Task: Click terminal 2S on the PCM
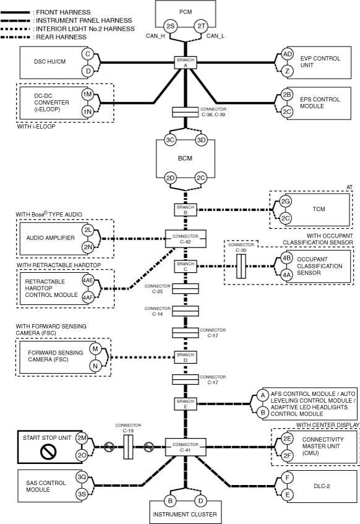[170, 26]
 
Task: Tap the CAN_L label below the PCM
[215, 36]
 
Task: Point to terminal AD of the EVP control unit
[287, 54]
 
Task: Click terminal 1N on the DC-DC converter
[88, 111]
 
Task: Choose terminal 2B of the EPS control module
[287, 95]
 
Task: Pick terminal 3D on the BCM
[201, 140]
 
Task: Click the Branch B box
[186, 210]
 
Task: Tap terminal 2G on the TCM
[285, 202]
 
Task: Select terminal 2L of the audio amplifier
[88, 230]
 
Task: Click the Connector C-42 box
[186, 239]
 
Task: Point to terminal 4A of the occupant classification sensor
[286, 275]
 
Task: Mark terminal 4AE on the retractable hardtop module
[88, 280]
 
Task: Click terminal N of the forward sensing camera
[95, 366]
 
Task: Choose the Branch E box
[186, 404]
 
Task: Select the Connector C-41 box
[186, 447]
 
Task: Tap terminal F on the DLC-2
[287, 478]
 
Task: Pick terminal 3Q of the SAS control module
[82, 477]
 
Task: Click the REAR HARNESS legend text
[61, 37]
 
